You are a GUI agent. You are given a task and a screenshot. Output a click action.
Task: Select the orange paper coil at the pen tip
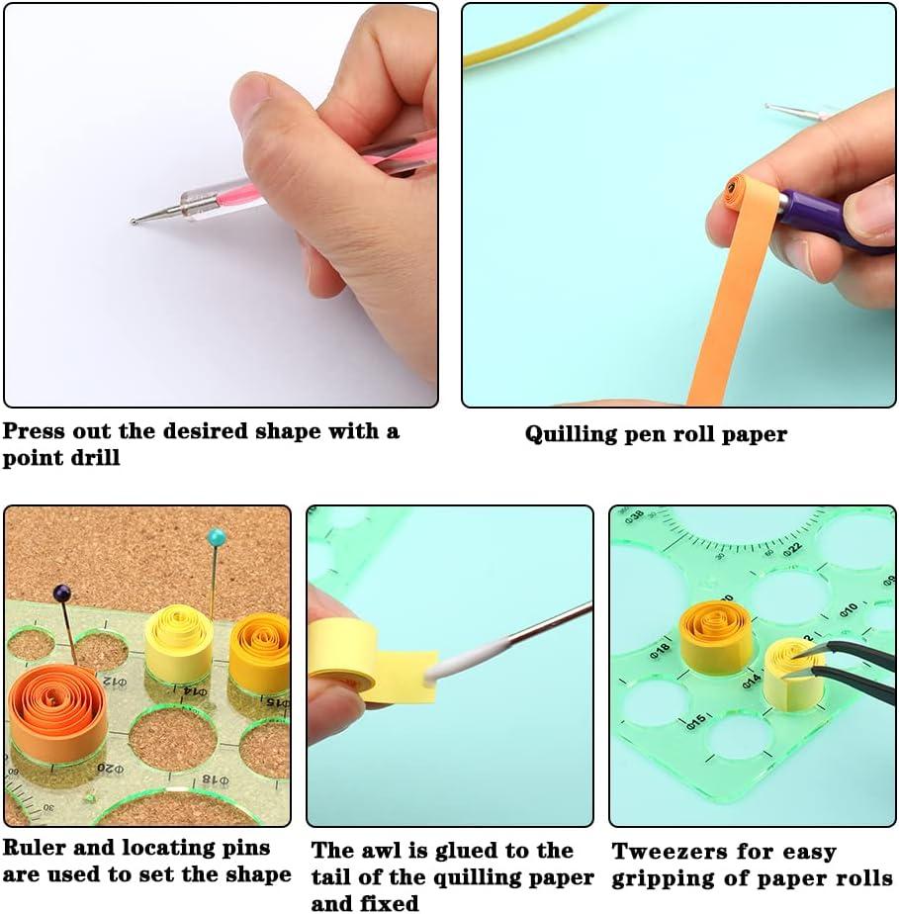click(733, 189)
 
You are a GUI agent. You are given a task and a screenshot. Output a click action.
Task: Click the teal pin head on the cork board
click(216, 537)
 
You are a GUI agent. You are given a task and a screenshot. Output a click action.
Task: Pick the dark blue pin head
click(62, 593)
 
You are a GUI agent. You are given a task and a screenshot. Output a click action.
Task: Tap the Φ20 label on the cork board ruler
click(109, 768)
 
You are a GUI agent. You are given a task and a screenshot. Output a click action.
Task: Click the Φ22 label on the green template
click(792, 548)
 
